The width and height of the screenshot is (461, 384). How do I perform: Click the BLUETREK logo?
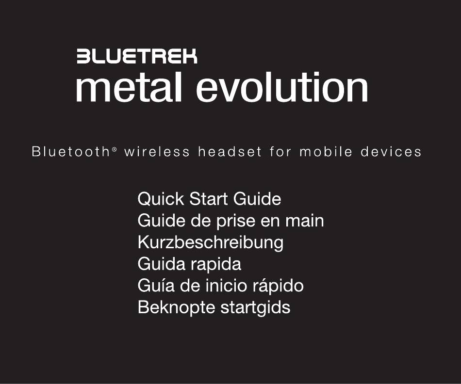click(137, 56)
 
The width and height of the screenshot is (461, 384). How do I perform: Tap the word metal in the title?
click(129, 87)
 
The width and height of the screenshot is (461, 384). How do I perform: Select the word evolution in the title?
click(282, 87)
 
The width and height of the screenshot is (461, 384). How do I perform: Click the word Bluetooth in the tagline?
click(70, 152)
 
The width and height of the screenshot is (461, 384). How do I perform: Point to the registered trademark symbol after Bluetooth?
click(115, 149)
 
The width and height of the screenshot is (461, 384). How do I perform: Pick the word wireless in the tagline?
click(157, 152)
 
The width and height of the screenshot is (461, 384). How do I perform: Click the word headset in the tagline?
click(230, 152)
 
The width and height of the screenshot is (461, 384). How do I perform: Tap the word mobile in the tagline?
click(326, 152)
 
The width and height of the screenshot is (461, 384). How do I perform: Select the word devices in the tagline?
click(391, 152)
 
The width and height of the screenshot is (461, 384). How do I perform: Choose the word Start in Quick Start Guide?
click(209, 199)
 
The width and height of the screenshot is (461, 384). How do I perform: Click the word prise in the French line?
click(236, 221)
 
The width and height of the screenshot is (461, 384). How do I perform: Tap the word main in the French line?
click(305, 221)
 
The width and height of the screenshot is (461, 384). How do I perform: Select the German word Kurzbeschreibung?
click(211, 243)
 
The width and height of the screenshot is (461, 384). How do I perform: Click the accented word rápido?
click(278, 286)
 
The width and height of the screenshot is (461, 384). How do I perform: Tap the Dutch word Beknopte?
click(177, 308)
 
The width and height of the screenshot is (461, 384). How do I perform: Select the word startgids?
click(255, 308)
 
